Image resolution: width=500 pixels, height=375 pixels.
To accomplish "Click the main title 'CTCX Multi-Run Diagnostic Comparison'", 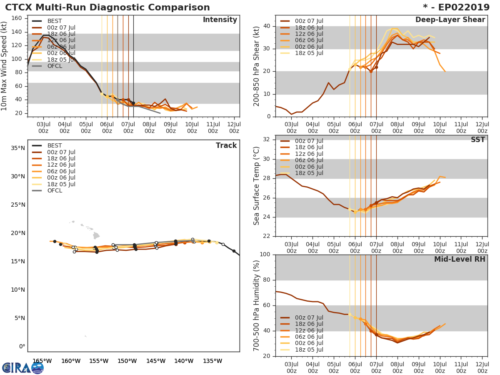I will [x=107, y=7].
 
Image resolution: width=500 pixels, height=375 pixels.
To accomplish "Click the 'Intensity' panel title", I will [x=220, y=20].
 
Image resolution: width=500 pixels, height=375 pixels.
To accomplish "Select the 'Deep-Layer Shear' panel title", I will [x=450, y=20].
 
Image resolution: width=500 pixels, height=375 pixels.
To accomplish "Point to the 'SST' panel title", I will [x=478, y=140].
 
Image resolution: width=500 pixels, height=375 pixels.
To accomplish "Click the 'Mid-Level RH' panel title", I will [x=460, y=259].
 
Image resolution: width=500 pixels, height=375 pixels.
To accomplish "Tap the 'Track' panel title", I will [x=226, y=145].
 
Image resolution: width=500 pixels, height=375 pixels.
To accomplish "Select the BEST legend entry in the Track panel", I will [x=55, y=145].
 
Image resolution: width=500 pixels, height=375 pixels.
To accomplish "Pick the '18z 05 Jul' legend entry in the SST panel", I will [x=309, y=173].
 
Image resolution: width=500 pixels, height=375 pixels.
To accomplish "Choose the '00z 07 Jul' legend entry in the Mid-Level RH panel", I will [x=309, y=317].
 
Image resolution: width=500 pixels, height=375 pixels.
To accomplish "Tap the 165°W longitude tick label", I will [x=42, y=361].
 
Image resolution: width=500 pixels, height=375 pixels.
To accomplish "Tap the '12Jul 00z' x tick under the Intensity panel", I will [x=234, y=127].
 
